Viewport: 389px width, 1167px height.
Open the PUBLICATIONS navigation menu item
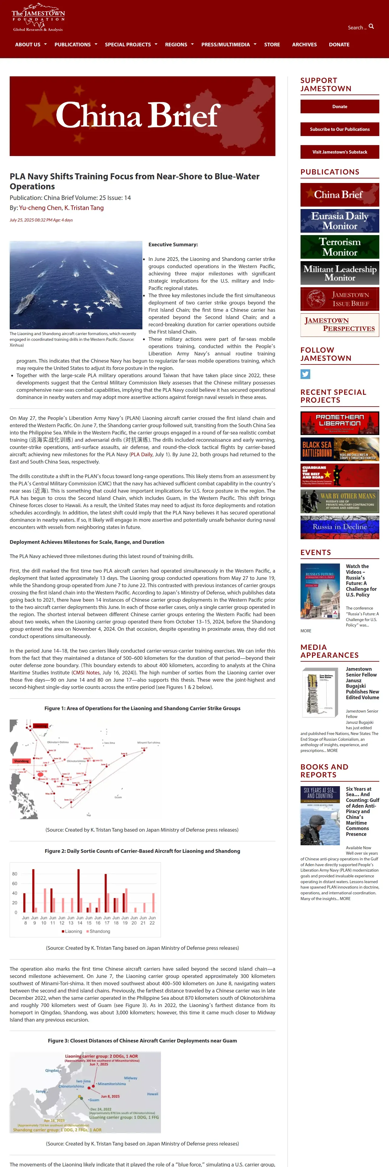pyautogui.click(x=72, y=45)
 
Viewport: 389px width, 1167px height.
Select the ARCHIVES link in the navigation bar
pyautogui.click(x=304, y=45)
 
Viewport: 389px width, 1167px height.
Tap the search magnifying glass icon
pyautogui.click(x=371, y=27)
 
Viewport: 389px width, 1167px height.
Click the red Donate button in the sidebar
pyautogui.click(x=340, y=106)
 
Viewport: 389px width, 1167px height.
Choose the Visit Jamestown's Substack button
pyautogui.click(x=340, y=152)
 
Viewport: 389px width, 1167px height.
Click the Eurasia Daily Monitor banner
pyautogui.click(x=340, y=221)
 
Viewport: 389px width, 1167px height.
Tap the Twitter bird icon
pyautogui.click(x=305, y=374)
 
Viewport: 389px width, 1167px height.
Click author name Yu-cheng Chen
pyautogui.click(x=40, y=208)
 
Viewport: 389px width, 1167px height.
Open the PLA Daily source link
pyautogui.click(x=141, y=454)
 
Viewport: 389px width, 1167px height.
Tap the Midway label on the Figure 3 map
pyautogui.click(x=130, y=1078)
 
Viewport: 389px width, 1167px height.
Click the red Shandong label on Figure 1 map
pyautogui.click(x=21, y=761)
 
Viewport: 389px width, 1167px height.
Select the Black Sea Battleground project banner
pyautogui.click(x=340, y=449)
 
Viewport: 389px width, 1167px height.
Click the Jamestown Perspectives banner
pyautogui.click(x=340, y=325)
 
